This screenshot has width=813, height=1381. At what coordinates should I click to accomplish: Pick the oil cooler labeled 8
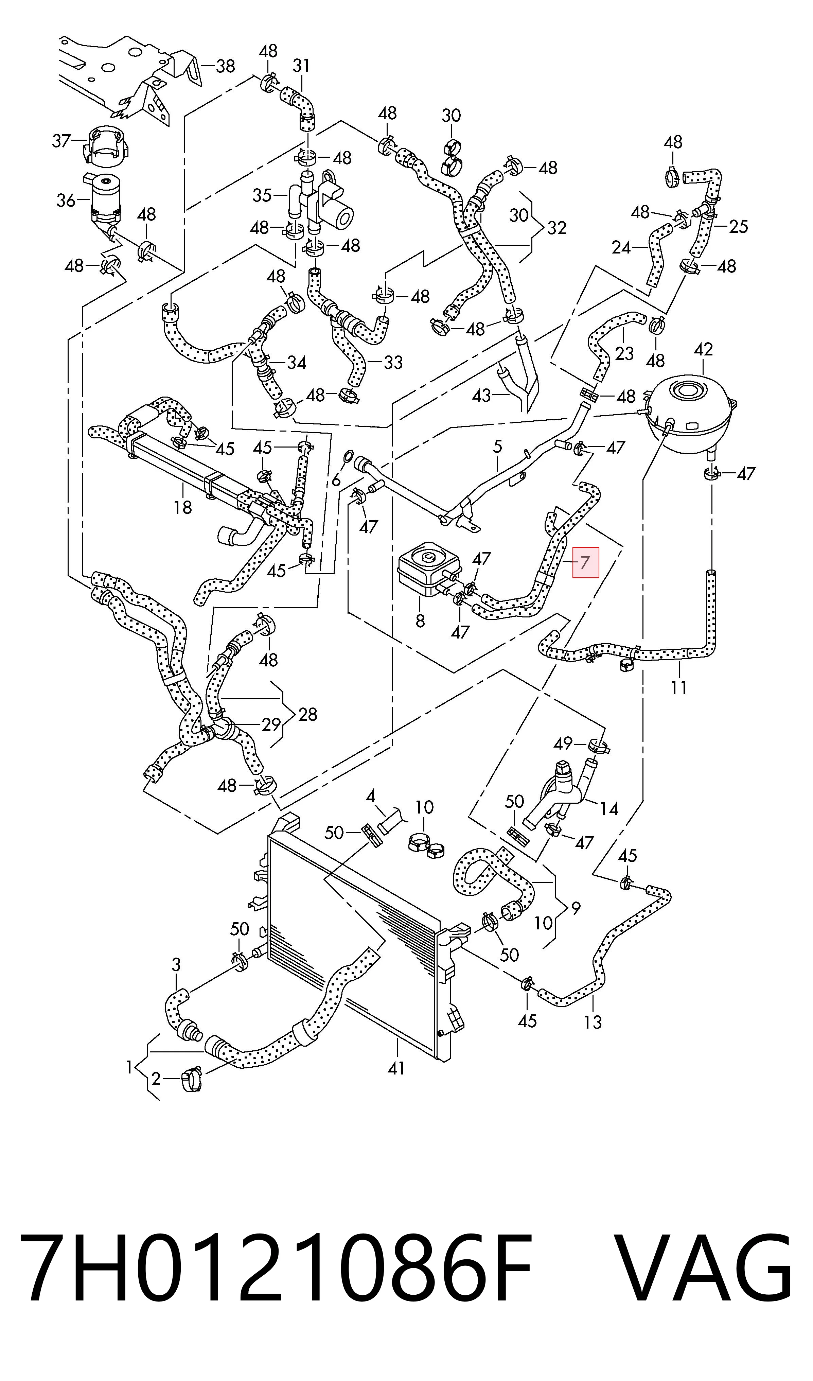[x=428, y=568]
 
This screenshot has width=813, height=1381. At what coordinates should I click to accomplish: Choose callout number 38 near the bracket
[x=225, y=66]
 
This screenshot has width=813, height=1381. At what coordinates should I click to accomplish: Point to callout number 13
[x=593, y=1021]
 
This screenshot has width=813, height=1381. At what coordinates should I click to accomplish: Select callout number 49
[x=563, y=744]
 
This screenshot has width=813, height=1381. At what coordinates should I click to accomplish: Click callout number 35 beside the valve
[x=262, y=195]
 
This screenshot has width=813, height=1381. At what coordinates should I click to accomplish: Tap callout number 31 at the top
[x=301, y=66]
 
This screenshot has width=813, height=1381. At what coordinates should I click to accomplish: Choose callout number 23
[x=624, y=353]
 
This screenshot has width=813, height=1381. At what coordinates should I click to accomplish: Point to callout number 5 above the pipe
[x=497, y=446]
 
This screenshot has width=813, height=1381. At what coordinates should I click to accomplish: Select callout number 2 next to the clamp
[x=156, y=1079]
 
